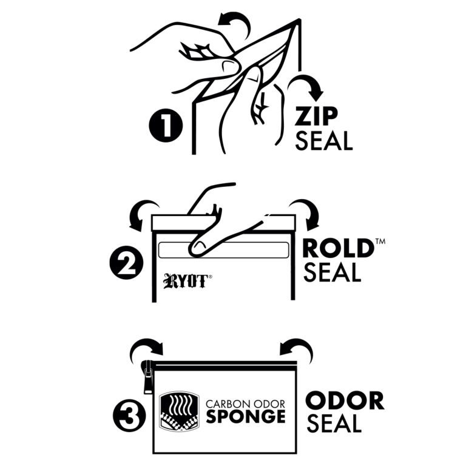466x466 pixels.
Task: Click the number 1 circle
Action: click(x=166, y=126)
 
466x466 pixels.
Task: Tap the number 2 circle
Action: click(x=127, y=263)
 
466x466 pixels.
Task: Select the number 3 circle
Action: click(x=130, y=416)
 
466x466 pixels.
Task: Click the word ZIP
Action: click(x=316, y=116)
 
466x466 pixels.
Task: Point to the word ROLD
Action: click(x=338, y=248)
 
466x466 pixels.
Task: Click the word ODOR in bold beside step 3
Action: click(x=345, y=401)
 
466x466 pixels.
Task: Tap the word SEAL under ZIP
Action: click(x=323, y=141)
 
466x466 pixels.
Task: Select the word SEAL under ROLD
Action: click(x=333, y=272)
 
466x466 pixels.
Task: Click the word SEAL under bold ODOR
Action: click(x=334, y=423)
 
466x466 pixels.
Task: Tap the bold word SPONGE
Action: click(x=246, y=417)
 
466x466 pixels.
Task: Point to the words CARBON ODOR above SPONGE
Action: click(x=246, y=404)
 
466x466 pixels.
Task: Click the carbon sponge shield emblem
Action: click(x=179, y=411)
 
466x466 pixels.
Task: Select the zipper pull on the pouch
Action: click(x=148, y=377)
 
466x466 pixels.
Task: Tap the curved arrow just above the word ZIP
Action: click(x=306, y=86)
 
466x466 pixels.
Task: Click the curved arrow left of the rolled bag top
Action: click(x=143, y=213)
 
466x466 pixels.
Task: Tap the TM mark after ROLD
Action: click(x=380, y=241)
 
